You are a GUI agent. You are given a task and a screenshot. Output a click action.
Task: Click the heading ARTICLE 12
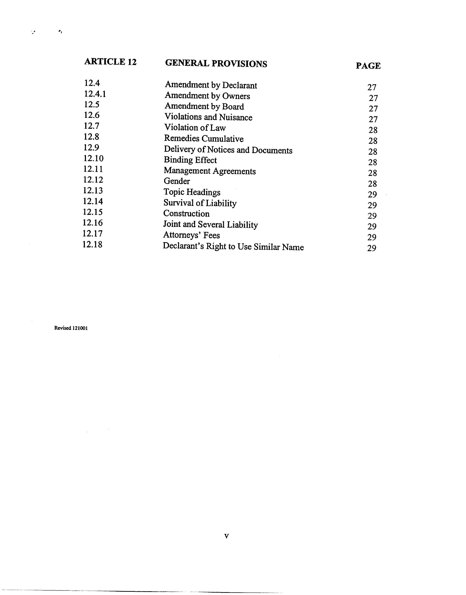tap(110, 62)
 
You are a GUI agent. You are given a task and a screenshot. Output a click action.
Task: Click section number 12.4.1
tap(95, 94)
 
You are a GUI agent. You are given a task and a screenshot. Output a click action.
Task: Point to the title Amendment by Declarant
tap(211, 85)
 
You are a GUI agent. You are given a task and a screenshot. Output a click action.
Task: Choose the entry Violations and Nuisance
tap(208, 117)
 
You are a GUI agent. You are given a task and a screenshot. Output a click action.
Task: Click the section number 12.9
tap(91, 147)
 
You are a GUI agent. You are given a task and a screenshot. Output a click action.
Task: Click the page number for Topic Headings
tap(372, 194)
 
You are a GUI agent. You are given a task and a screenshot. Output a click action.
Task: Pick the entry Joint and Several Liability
tap(210, 225)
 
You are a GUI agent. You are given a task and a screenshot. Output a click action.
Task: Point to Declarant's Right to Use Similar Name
tap(233, 247)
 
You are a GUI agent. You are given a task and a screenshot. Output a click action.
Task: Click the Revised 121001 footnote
tap(71, 328)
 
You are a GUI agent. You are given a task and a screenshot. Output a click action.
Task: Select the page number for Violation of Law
tap(373, 130)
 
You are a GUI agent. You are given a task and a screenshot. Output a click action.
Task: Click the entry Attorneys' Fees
tap(191, 235)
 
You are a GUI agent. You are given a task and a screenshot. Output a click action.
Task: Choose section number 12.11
tap(93, 169)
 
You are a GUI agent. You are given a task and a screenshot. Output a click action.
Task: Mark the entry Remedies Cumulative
tap(204, 139)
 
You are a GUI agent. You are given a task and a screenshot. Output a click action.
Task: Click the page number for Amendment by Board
tap(373, 109)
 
